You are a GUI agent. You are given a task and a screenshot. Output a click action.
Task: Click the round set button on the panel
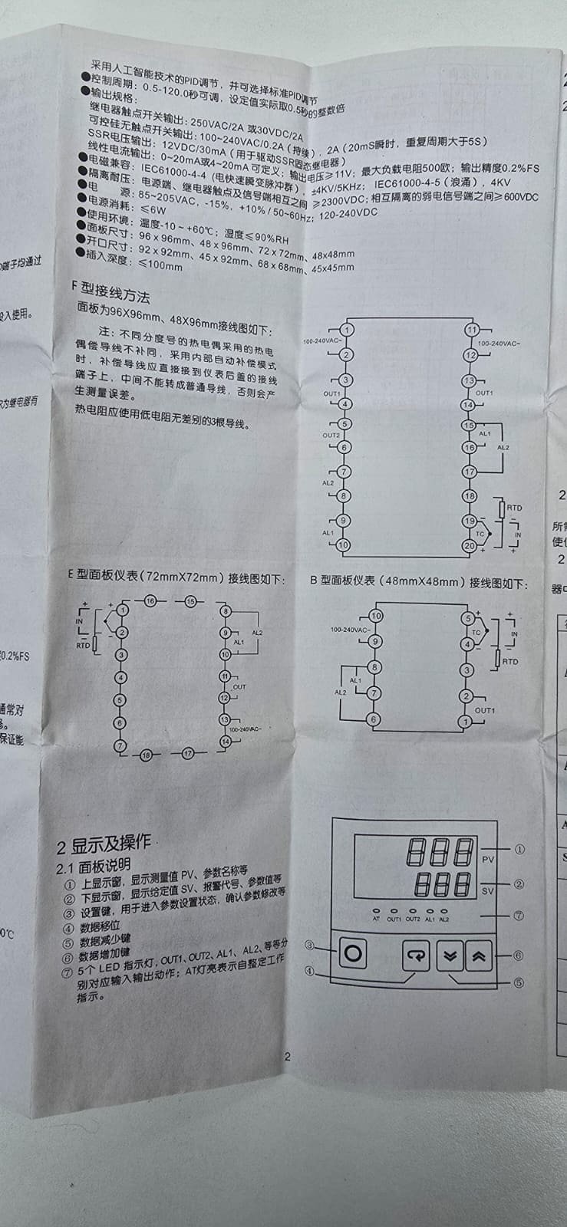[353, 954]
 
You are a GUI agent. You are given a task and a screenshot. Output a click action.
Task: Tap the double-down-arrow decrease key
[449, 956]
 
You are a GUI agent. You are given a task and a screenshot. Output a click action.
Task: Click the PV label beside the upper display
[488, 860]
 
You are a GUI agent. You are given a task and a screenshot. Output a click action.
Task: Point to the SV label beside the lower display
[488, 891]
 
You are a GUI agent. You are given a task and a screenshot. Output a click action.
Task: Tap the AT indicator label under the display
[376, 918]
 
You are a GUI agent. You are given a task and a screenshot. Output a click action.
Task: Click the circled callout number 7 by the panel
[519, 915]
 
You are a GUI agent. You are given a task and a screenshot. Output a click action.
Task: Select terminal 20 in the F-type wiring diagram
[469, 545]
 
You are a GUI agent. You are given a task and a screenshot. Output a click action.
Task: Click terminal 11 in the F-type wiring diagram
[471, 330]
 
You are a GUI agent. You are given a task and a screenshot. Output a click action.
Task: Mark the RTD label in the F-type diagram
[514, 508]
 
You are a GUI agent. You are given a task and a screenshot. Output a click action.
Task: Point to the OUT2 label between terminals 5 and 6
[331, 435]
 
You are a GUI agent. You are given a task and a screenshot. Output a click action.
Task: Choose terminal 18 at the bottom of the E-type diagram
[147, 755]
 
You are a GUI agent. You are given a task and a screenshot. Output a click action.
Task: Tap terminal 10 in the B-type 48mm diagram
[375, 616]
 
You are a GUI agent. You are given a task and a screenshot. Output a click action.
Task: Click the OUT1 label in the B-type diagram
[485, 710]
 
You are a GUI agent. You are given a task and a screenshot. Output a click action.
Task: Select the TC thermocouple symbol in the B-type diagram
[476, 633]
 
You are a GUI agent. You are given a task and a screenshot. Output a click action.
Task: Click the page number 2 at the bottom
[288, 1056]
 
